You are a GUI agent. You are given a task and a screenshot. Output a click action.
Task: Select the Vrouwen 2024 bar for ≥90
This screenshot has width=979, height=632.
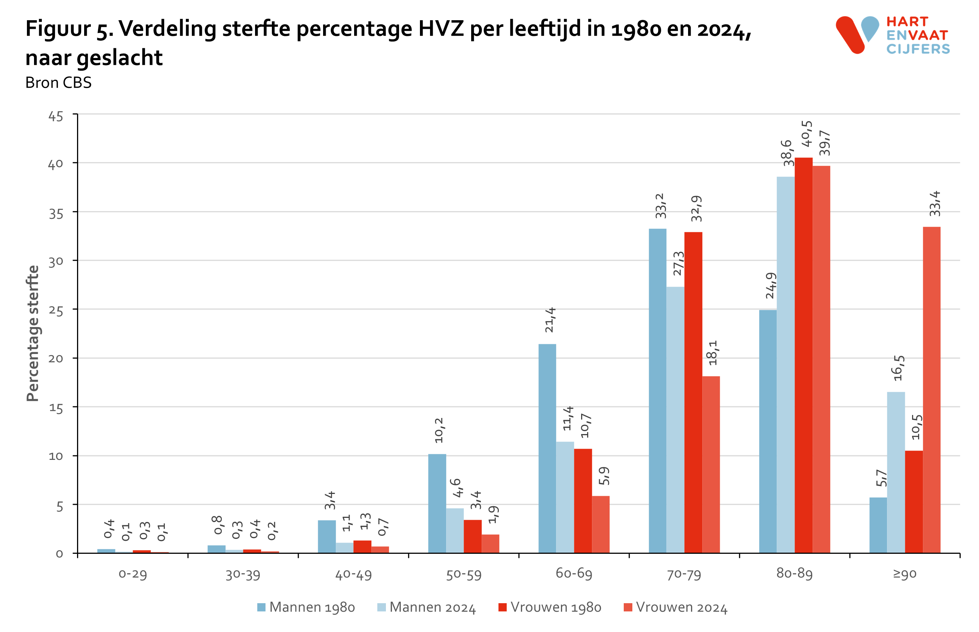[x=931, y=390]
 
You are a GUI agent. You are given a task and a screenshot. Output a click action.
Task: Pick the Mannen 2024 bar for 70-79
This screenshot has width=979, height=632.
[x=675, y=419]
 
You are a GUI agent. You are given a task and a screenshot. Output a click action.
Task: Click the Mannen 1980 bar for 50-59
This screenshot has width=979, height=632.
[x=437, y=503]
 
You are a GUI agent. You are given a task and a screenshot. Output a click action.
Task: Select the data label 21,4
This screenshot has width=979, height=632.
[x=550, y=320]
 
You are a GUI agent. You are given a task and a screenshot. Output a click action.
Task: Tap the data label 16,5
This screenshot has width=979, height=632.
[x=898, y=368]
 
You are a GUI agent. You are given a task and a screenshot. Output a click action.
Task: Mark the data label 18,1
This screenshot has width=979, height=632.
[x=713, y=352]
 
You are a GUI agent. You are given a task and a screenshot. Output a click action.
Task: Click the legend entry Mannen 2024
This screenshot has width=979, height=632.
[x=426, y=607]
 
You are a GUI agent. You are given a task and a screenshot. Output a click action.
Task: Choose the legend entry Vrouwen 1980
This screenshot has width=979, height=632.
[x=550, y=607]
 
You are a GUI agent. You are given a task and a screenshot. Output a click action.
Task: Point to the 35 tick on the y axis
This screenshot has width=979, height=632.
[x=56, y=214]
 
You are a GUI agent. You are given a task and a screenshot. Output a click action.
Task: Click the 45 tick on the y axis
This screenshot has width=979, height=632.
[x=56, y=116]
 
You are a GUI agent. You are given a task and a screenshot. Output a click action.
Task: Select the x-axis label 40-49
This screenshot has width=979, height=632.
[x=353, y=574]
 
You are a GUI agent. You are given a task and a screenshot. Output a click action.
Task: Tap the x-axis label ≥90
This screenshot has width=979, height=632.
[x=904, y=574]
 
